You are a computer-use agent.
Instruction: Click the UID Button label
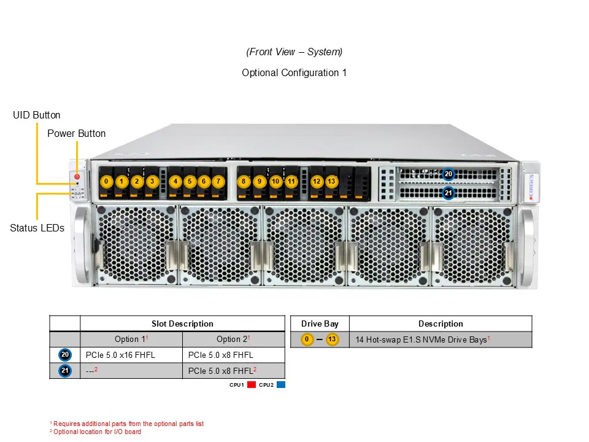37,115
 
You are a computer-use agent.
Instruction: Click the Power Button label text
76,133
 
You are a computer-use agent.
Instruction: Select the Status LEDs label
37,228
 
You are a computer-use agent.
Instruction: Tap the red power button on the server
77,177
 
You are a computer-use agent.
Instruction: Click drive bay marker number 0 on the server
107,182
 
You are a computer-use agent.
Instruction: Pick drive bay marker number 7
218,182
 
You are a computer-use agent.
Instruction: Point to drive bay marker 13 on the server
331,182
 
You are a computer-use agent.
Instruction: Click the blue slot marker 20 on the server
448,174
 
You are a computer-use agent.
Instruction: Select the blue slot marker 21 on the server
448,193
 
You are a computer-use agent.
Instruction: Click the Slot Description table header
182,324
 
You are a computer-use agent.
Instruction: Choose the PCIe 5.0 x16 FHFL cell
131,355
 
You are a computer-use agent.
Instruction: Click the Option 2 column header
233,339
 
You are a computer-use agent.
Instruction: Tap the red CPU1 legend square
252,385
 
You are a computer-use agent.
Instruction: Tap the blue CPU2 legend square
280,385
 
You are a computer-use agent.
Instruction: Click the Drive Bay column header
320,324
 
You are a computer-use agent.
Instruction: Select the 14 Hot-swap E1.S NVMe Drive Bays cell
422,339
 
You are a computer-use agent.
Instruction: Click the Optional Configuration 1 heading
294,72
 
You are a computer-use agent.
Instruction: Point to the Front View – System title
294,52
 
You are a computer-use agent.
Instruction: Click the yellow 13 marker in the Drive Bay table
332,339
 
